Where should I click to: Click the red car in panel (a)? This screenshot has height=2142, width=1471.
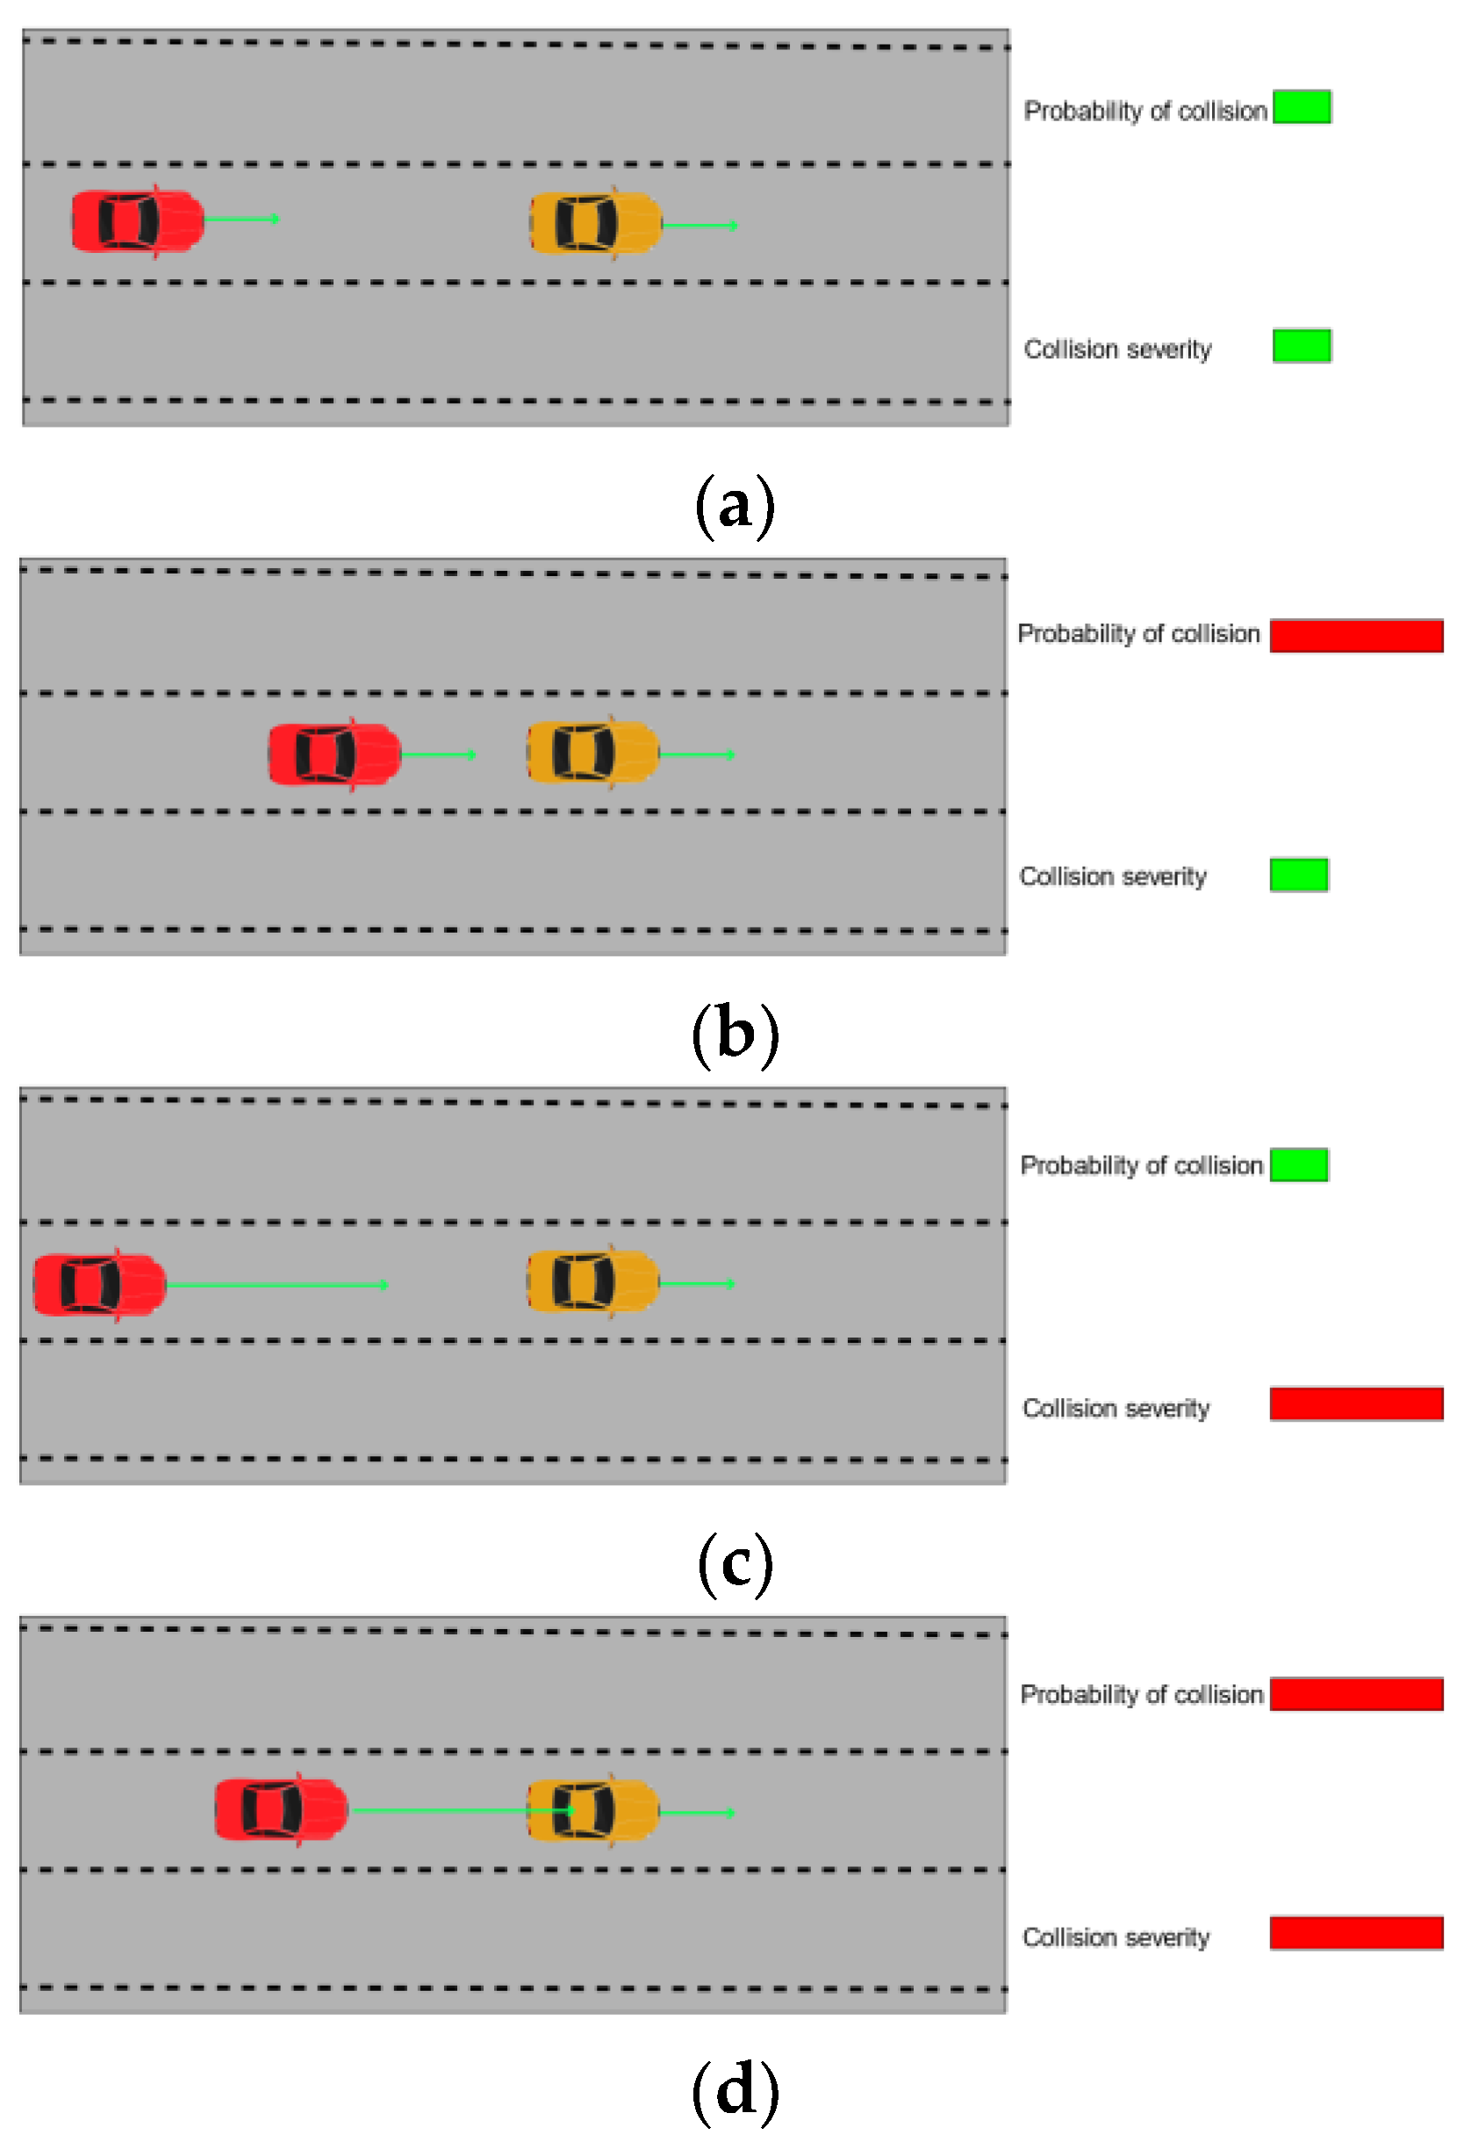[137, 220]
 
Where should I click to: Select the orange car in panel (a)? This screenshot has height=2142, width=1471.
[595, 223]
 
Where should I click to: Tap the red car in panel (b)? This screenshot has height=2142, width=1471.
[334, 754]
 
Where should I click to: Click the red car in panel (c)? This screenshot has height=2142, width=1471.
[98, 1284]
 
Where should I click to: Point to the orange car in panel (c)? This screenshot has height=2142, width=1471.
[592, 1281]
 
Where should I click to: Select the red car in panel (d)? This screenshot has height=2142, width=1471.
[280, 1809]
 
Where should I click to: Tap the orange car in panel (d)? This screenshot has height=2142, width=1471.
[592, 1811]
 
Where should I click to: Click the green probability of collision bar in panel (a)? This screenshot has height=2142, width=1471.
[1302, 107]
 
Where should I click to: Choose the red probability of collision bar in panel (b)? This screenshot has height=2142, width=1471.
[1356, 635]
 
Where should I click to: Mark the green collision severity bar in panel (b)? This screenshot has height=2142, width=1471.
[1299, 874]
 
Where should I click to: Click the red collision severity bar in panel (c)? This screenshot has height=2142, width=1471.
[1356, 1403]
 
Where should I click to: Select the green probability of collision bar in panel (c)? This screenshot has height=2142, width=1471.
[1299, 1165]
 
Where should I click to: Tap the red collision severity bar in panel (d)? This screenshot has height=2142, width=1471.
[1356, 1933]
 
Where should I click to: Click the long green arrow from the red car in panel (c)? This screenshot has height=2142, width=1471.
[276, 1284]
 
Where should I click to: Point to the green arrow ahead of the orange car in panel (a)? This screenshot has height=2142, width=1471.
[699, 225]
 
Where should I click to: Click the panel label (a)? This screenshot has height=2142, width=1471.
[735, 505]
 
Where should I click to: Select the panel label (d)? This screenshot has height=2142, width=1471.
[735, 2091]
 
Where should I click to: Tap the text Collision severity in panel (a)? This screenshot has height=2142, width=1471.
[1117, 350]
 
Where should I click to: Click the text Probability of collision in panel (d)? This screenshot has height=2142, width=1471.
[1141, 1695]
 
